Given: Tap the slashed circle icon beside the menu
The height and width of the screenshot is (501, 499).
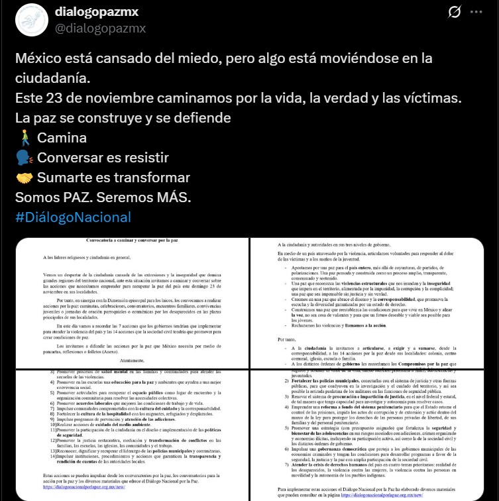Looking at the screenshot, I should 455,13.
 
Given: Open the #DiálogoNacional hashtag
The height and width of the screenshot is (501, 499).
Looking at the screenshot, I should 73,217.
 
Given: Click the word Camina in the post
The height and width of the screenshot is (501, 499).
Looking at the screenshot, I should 62,139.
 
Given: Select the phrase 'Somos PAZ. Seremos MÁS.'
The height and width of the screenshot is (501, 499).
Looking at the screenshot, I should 103,197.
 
